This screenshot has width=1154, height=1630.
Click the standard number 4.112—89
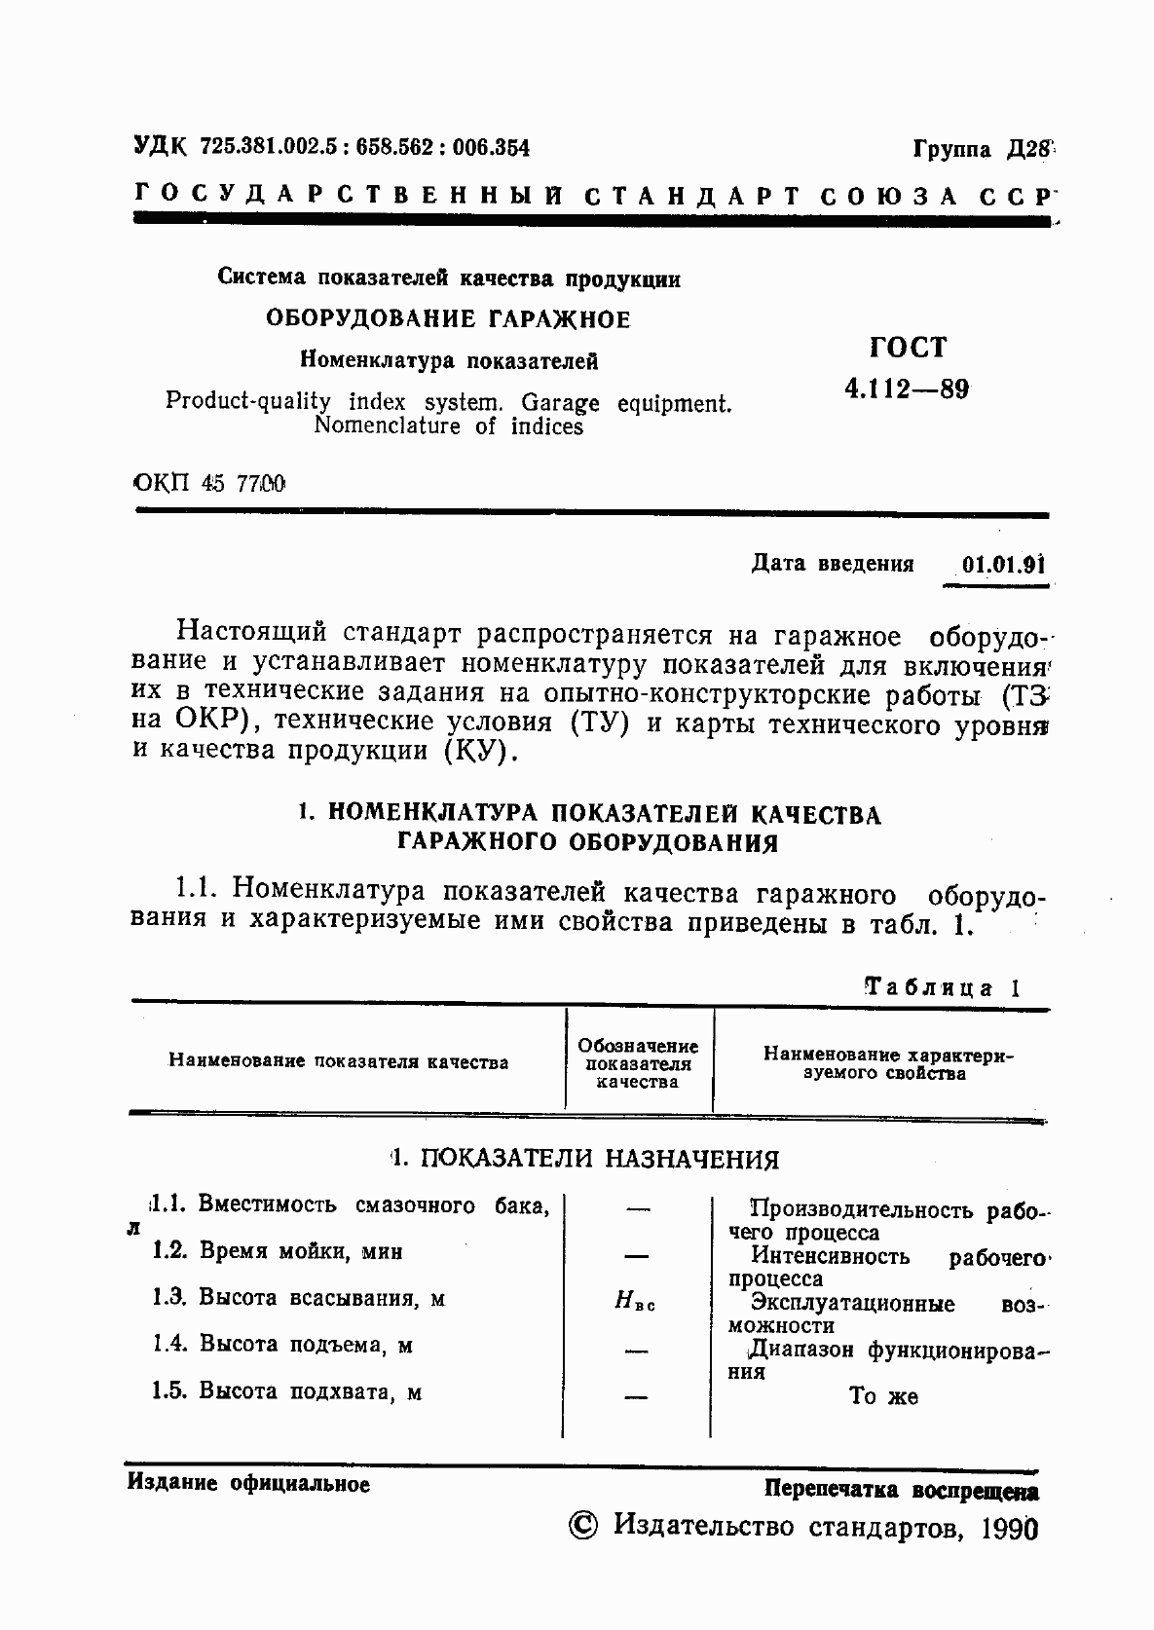tap(907, 389)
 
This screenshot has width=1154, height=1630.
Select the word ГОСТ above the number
tap(907, 348)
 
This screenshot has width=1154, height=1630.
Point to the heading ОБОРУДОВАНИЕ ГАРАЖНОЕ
tap(448, 319)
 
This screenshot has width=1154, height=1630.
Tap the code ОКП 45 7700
tap(207, 482)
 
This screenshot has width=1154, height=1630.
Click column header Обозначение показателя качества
tap(638, 1063)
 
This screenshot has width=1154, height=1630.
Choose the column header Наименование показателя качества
tap(338, 1062)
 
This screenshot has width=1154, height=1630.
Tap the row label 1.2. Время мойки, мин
tap(278, 1251)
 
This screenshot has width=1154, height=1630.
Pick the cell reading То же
tap(882, 1396)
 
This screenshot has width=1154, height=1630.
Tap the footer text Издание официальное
tap(248, 1484)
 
